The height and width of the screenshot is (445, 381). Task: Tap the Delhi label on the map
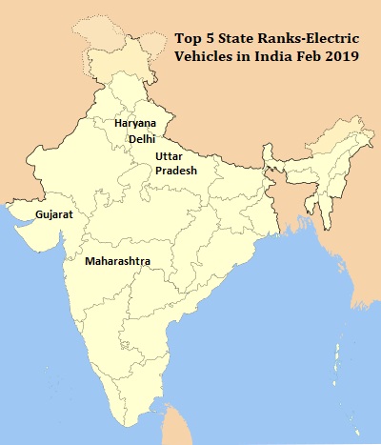coord(140,139)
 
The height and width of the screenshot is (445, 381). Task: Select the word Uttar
coord(170,154)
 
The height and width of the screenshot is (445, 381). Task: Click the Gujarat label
coord(54,216)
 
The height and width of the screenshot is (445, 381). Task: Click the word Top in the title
coord(188,39)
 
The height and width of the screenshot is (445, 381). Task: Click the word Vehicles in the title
coord(204,56)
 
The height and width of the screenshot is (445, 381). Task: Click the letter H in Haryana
coord(117,124)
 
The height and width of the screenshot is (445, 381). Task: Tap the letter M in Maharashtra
coord(90,260)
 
